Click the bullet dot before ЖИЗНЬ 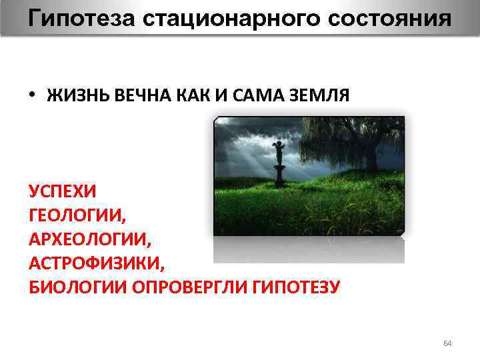32,94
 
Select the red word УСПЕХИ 62,191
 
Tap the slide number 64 447,343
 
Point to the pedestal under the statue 280,177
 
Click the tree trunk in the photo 371,157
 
